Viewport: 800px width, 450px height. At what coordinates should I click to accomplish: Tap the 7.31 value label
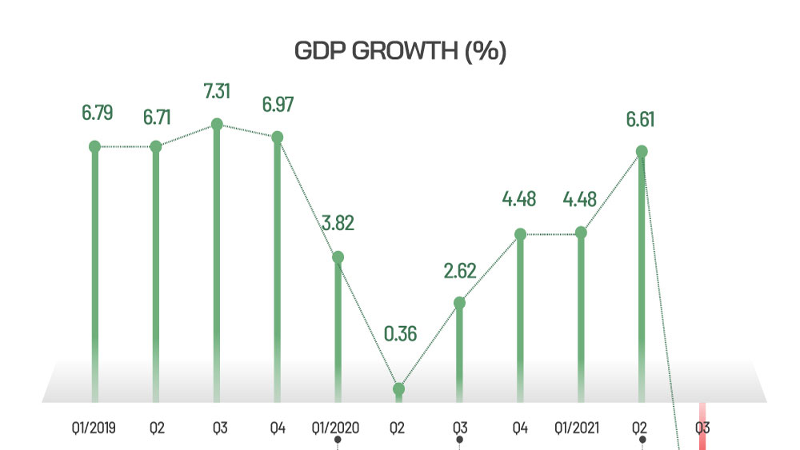click(x=217, y=91)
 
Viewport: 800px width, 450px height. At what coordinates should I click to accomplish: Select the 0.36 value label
click(x=400, y=334)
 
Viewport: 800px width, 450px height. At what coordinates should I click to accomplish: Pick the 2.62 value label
click(x=459, y=270)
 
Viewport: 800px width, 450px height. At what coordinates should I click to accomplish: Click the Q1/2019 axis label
click(x=94, y=428)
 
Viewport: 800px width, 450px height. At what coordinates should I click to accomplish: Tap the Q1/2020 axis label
click(x=337, y=428)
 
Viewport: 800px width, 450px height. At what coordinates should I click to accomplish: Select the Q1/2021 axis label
click(x=580, y=428)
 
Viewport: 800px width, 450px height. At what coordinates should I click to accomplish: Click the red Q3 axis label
click(x=702, y=428)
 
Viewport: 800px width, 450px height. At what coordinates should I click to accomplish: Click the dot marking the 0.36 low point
click(x=398, y=389)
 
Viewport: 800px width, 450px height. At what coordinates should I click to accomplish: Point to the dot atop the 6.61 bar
click(x=641, y=151)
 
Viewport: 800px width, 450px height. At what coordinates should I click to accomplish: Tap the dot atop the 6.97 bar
click(x=278, y=137)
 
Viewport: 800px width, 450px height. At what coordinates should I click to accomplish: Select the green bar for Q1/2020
click(x=338, y=328)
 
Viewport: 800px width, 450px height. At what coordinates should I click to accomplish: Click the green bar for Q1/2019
click(x=94, y=272)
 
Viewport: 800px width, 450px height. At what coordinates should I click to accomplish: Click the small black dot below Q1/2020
click(x=338, y=440)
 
